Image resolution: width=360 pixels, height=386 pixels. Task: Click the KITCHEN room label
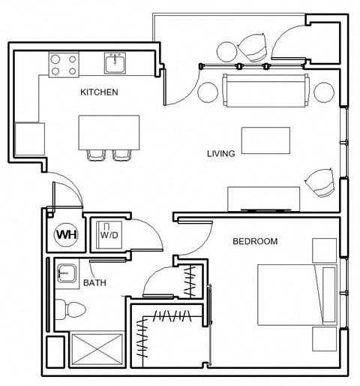(x=99, y=93)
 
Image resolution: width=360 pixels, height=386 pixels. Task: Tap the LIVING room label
(x=221, y=154)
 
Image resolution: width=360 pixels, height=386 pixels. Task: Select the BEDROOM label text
(x=255, y=242)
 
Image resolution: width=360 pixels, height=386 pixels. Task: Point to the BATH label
(x=94, y=283)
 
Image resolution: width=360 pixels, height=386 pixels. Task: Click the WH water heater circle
(x=66, y=234)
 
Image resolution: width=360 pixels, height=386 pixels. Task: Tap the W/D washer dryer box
(x=109, y=234)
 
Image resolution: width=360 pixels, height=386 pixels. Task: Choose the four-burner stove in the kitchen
(x=64, y=64)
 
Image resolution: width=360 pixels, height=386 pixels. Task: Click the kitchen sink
(x=115, y=63)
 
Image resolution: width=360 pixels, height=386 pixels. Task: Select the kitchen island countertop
(x=109, y=131)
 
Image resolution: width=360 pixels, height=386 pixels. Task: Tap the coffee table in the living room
(x=265, y=140)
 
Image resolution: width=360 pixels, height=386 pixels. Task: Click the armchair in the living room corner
(x=321, y=182)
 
